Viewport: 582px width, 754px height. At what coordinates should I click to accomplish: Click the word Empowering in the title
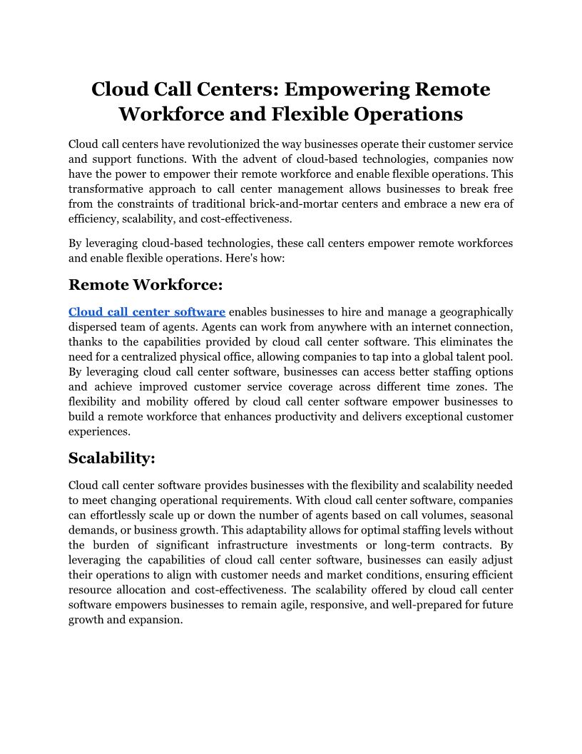[x=345, y=90]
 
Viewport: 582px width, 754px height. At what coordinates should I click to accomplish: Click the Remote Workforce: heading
[x=145, y=285]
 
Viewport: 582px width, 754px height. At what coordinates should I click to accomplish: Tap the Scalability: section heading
[x=112, y=458]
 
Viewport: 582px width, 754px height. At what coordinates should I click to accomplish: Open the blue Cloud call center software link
[x=147, y=312]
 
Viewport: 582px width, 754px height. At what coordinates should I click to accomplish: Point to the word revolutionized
[x=209, y=145]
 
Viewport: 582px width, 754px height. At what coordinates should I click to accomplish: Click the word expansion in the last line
[x=158, y=620]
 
